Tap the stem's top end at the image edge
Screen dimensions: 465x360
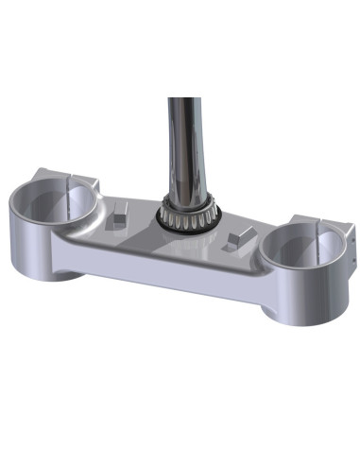pos(185,102)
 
